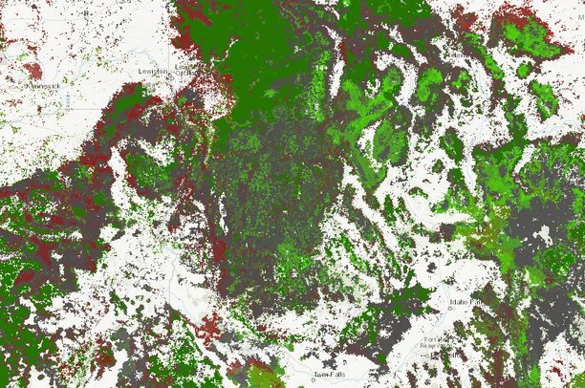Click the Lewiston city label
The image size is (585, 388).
(153, 70)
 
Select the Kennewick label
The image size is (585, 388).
(39, 85)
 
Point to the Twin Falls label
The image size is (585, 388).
(330, 374)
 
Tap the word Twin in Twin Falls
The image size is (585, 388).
(322, 374)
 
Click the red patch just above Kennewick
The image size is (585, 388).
(32, 70)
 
